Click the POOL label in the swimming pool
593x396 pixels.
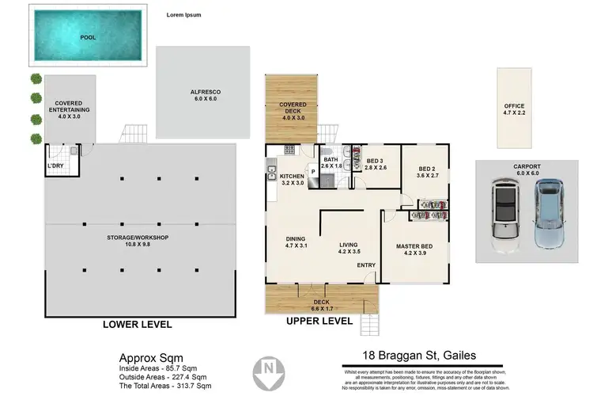[x=89, y=37]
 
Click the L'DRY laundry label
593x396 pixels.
[x=55, y=166]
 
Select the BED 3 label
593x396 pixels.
[x=376, y=164]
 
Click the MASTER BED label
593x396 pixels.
[x=415, y=249]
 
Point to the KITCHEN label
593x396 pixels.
[x=293, y=179]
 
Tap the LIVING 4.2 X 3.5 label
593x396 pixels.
[x=349, y=249]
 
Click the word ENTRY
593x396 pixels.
[x=365, y=265]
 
